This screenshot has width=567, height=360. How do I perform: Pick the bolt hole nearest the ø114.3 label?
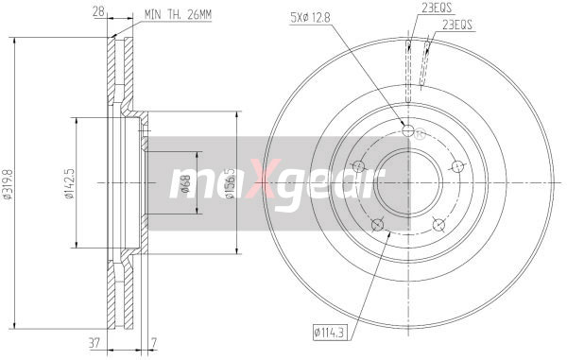tap(378, 224)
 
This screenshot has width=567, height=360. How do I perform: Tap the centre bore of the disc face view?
tap(408, 182)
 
